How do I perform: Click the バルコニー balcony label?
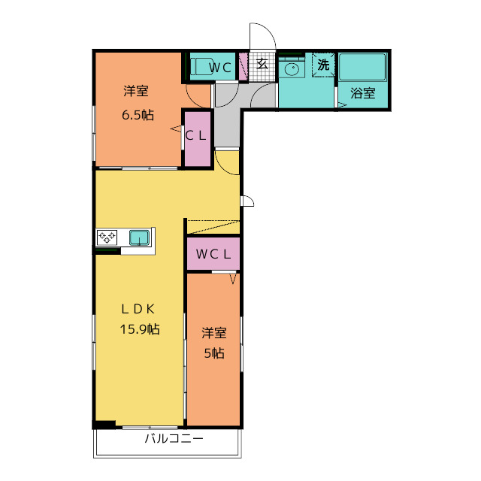(174, 438)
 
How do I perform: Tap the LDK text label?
(138, 309)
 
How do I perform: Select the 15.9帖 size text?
(140, 329)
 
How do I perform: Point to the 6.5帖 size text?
(138, 115)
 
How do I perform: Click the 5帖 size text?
(214, 353)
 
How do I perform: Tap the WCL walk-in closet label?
(213, 254)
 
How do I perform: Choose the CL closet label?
(195, 135)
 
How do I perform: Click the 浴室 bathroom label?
(363, 92)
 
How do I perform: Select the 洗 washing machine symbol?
(323, 65)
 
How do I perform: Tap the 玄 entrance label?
(262, 64)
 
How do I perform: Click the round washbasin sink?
(291, 68)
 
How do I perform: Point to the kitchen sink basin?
(139, 237)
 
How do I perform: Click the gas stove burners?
(107, 237)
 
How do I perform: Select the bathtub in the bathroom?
(362, 67)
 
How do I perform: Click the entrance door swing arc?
(268, 32)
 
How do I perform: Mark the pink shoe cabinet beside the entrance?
(243, 67)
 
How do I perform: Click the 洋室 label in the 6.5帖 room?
(136, 91)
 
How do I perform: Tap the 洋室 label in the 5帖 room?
(214, 333)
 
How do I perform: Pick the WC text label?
(220, 68)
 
